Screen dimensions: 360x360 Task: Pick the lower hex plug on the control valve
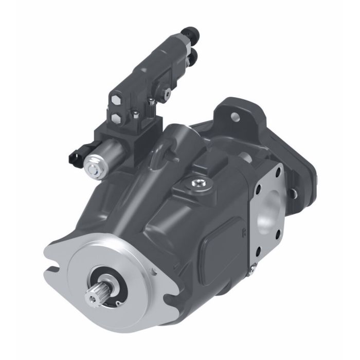tap(116, 120)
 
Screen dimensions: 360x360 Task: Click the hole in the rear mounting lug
tap(237, 116)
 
